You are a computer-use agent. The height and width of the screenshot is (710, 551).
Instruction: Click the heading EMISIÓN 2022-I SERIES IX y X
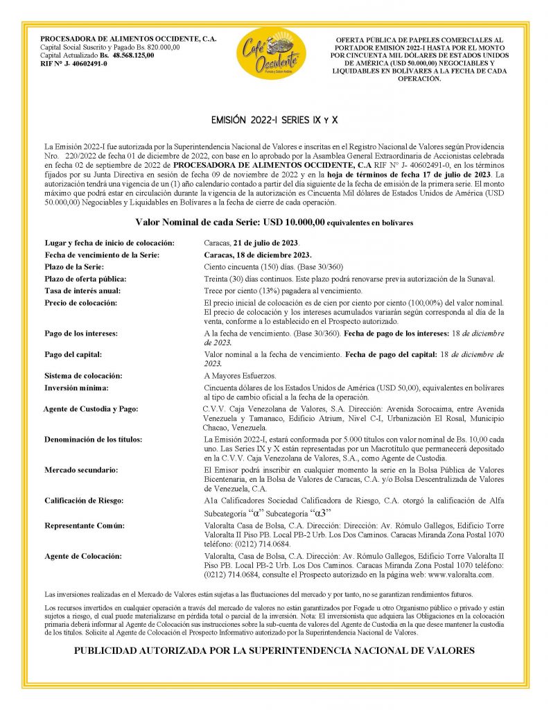(274, 120)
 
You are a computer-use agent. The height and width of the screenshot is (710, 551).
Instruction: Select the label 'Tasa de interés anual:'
(82, 291)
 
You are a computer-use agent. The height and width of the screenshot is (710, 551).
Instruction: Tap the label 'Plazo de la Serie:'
(74, 267)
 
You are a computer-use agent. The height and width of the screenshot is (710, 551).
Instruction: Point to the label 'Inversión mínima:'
(76, 388)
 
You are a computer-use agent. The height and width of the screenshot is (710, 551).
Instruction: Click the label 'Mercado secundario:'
(81, 470)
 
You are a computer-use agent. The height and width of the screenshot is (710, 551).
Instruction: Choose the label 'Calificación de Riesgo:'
(86, 501)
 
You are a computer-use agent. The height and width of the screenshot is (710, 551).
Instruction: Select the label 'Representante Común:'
(85, 526)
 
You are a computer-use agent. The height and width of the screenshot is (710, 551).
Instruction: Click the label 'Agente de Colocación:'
(83, 556)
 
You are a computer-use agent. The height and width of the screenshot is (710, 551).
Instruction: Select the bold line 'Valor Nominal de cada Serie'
(275, 223)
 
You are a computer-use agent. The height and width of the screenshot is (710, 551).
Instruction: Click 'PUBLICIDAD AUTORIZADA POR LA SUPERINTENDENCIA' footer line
(274, 650)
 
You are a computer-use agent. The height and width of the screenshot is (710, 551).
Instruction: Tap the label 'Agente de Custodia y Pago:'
(90, 409)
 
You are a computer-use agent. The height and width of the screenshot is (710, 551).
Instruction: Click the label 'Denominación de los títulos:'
(93, 440)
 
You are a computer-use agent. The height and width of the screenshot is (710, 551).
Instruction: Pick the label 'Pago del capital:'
(73, 354)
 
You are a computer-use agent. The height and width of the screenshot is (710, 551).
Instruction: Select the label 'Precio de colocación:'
(81, 303)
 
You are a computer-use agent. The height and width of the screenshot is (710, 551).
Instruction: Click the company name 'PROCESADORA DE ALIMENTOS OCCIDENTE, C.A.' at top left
(129, 39)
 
